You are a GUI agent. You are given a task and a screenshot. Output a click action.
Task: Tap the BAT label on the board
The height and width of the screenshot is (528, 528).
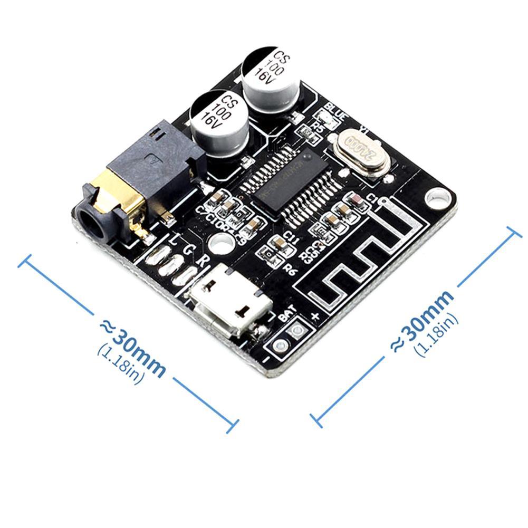click(287, 315)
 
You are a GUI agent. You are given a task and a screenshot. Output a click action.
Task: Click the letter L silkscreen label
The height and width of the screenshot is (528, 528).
click(176, 241)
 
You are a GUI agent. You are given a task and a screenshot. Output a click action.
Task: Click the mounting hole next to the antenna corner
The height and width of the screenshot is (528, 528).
click(438, 198)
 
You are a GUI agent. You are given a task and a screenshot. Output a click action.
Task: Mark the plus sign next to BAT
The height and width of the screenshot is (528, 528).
click(315, 316)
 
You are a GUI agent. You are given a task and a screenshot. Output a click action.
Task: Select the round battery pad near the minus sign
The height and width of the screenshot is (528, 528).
click(281, 345)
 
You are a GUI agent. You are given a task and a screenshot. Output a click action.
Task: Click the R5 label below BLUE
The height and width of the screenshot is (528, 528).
click(318, 126)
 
